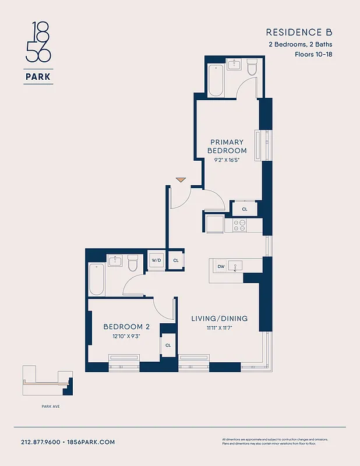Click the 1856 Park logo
tap(38, 52)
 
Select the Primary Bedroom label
tap(227, 146)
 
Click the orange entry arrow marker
tap(181, 180)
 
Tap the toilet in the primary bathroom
tap(252, 68)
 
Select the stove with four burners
tap(239, 224)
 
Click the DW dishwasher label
tap(221, 267)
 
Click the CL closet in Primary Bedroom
tap(245, 209)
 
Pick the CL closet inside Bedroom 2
tap(168, 345)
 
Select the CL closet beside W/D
tap(175, 260)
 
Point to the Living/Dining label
tap(220, 319)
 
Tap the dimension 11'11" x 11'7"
tap(220, 329)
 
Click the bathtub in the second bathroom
tap(96, 280)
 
